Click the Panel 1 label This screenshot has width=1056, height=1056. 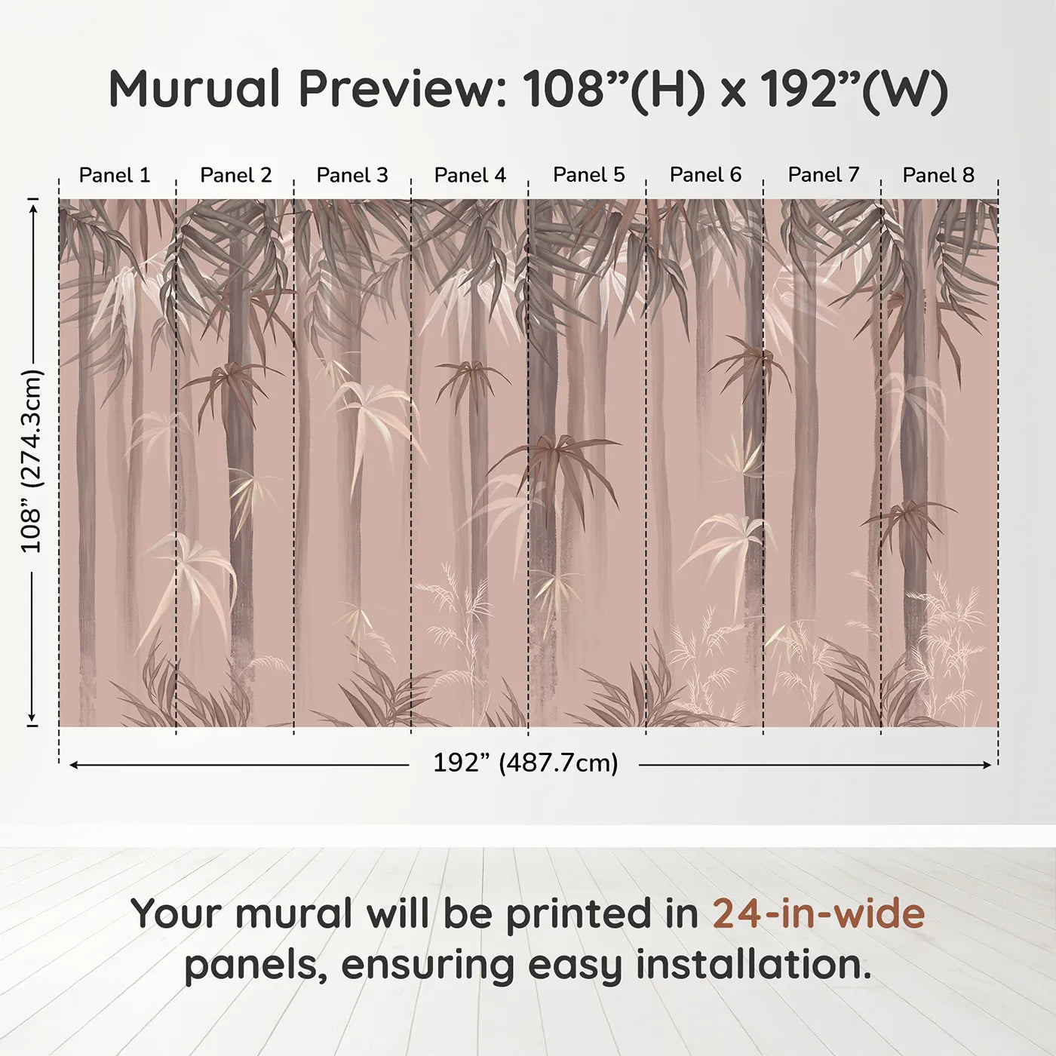pyautogui.click(x=115, y=175)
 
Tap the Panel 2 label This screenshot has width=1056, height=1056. pyautogui.click(x=235, y=175)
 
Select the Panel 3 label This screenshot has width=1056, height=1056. pyautogui.click(x=352, y=175)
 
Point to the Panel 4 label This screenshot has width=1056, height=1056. pyautogui.click(x=470, y=175)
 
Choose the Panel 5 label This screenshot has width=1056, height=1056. pyautogui.click(x=588, y=175)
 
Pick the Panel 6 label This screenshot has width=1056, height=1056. pyautogui.click(x=705, y=175)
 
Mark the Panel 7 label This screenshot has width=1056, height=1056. pyautogui.click(x=823, y=175)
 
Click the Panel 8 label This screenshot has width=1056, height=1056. pyautogui.click(x=938, y=175)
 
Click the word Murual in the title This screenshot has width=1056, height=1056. pyautogui.click(x=195, y=89)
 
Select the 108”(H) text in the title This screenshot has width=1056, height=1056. pyautogui.click(x=614, y=89)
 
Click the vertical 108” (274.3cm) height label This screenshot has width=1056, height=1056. pyautogui.click(x=32, y=461)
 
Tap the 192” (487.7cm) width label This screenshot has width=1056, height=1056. pyautogui.click(x=525, y=763)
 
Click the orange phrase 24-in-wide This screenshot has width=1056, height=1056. pyautogui.click(x=818, y=913)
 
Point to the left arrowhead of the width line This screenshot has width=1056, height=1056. pyautogui.click(x=72, y=765)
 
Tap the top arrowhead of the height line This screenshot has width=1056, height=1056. pyautogui.click(x=32, y=205)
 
